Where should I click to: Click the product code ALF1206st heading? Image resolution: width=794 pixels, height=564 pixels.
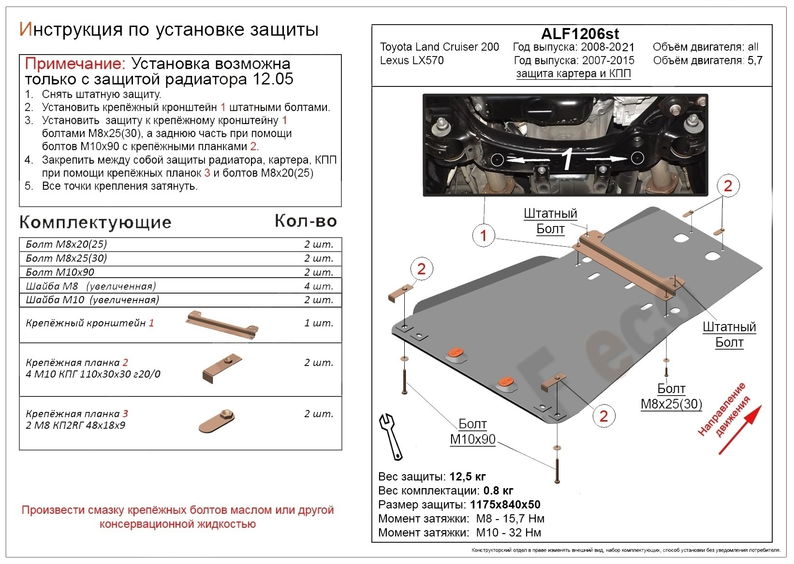(579, 33)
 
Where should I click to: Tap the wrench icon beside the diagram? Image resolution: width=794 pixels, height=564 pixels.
(390, 436)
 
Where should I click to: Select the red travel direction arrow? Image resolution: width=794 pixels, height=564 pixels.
(740, 429)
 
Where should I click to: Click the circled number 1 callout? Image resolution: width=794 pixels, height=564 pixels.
(483, 235)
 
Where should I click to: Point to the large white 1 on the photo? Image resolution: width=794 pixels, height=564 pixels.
(566, 160)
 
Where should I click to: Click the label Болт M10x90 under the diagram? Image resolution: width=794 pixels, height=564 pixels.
(472, 432)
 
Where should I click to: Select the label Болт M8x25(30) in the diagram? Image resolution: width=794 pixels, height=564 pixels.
(671, 396)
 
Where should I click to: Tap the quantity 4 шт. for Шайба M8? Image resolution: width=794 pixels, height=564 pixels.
(318, 286)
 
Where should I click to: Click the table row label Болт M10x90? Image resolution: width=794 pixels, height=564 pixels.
(60, 272)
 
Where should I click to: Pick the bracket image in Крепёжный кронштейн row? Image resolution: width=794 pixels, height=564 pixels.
(222, 324)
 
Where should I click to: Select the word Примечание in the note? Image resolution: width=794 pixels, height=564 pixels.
(74, 64)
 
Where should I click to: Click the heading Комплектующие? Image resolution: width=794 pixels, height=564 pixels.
(95, 222)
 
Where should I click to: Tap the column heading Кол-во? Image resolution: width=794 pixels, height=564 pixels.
(306, 221)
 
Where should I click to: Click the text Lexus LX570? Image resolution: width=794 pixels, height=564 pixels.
(412, 60)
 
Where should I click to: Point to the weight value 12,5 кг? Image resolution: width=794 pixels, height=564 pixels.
(467, 477)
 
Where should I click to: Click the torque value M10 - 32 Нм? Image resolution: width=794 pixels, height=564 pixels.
(508, 533)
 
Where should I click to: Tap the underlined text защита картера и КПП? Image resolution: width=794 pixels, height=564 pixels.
(573, 73)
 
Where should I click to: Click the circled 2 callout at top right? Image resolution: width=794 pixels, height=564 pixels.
(728, 186)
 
